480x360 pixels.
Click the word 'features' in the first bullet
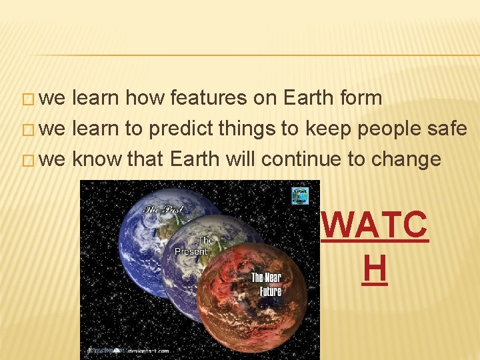[x=208, y=98]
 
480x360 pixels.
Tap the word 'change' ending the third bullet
[x=408, y=159]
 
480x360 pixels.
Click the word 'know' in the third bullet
[x=96, y=159]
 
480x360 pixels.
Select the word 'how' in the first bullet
[x=145, y=98]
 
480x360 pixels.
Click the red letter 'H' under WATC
[x=375, y=269]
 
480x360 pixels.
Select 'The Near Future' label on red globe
[x=266, y=284]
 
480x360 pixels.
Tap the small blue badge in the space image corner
[x=301, y=195]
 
